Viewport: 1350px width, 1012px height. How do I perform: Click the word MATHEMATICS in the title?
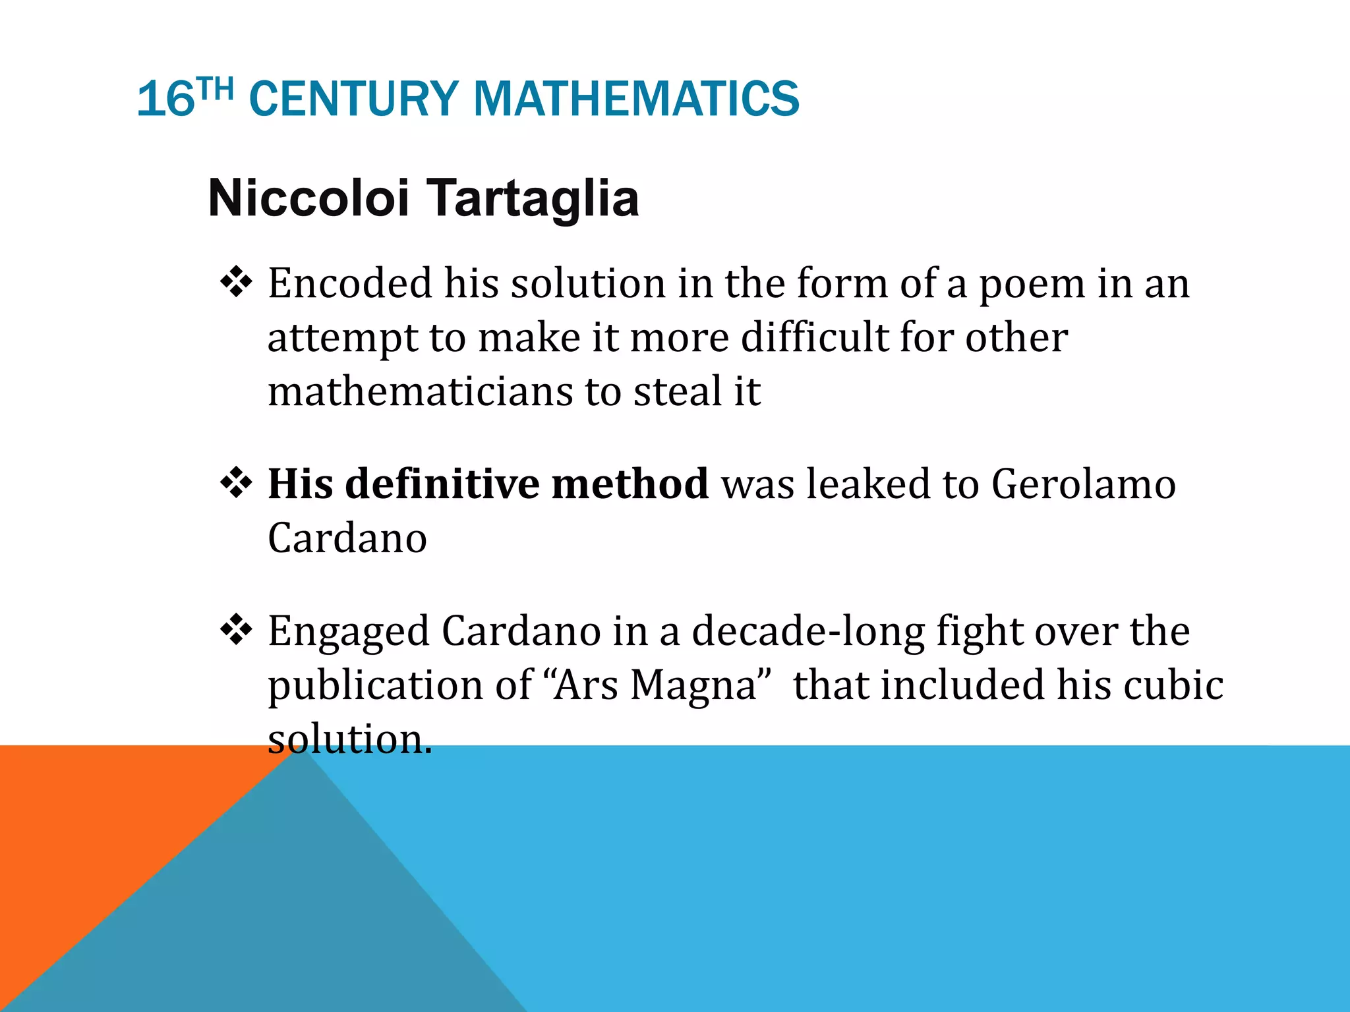635,99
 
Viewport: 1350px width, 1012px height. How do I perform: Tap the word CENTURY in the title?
354,99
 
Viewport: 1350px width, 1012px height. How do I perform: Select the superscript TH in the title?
216,89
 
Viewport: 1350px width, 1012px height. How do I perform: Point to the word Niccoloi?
308,198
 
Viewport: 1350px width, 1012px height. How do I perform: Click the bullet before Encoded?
236,283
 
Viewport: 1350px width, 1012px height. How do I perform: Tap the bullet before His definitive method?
236,484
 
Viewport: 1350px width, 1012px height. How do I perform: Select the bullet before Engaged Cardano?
236,631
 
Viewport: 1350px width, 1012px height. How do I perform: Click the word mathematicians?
420,391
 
